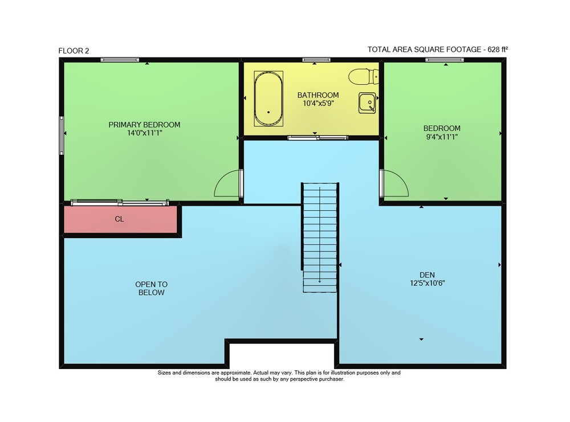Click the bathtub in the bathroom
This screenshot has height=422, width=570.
point(268,99)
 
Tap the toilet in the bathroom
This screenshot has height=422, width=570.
point(364,76)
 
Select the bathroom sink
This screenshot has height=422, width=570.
point(367,103)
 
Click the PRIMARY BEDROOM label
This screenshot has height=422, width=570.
point(144,125)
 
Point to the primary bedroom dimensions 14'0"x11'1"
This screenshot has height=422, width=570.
point(144,133)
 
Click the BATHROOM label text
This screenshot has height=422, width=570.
point(318,95)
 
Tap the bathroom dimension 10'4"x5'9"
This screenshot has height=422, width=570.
point(318,103)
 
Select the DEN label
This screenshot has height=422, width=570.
point(427,275)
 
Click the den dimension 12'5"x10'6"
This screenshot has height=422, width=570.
point(427,283)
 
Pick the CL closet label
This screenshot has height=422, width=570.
point(119,219)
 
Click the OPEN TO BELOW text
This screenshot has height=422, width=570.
point(151,288)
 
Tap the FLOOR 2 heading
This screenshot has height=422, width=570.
point(74,51)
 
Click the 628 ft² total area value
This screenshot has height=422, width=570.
point(498,50)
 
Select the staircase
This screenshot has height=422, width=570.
point(320,237)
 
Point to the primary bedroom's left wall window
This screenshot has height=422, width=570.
point(62,136)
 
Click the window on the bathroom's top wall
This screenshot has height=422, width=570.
point(316,60)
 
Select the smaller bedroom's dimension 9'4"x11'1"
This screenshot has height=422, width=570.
point(442,137)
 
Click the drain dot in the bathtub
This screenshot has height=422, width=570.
point(268,112)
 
